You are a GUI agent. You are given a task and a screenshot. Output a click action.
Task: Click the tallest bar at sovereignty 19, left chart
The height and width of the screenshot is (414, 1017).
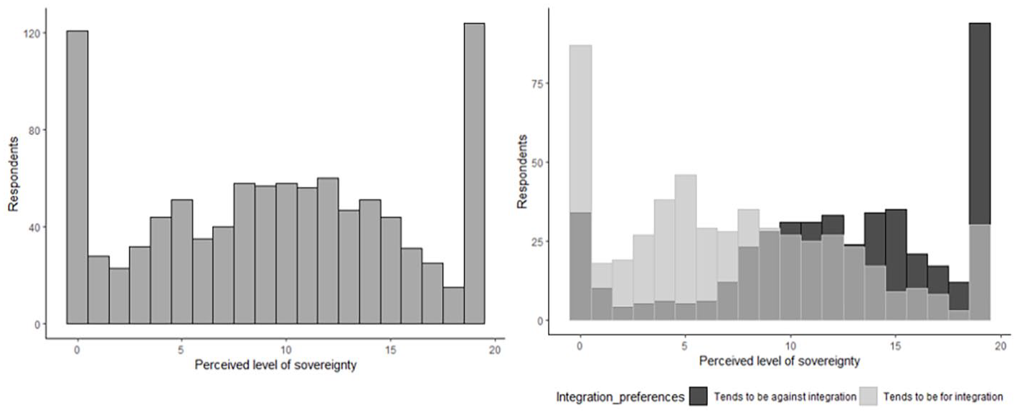point(474,173)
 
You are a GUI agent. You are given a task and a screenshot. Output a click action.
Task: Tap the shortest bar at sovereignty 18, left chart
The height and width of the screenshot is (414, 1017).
point(453,306)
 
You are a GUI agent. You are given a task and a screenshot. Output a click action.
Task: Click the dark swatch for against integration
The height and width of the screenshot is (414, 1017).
point(699,395)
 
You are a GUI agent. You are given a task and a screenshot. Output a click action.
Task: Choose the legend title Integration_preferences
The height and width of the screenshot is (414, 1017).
point(621,395)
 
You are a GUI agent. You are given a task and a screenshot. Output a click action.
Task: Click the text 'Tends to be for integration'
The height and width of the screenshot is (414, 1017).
point(943,395)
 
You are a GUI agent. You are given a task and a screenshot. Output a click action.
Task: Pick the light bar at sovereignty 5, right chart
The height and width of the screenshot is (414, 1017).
point(685,237)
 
